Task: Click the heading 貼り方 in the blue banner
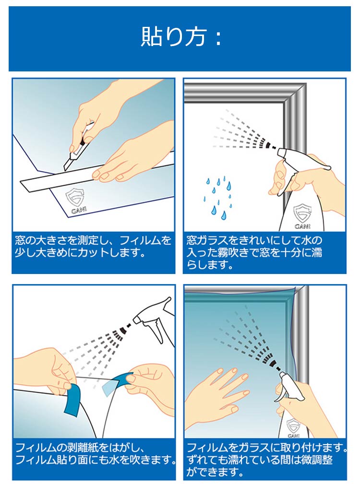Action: (x=174, y=36)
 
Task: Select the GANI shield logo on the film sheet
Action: (x=75, y=201)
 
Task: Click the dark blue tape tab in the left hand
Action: (x=72, y=400)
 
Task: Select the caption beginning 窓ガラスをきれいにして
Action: (x=254, y=252)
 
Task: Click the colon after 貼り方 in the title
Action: (x=218, y=38)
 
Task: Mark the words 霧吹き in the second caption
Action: (x=230, y=253)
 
